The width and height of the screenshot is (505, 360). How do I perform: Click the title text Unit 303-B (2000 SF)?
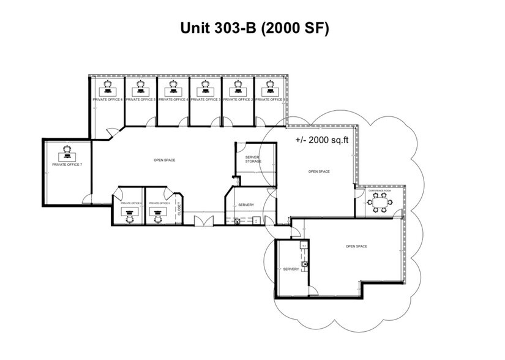point(253,28)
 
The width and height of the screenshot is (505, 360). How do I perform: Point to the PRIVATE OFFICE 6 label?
point(108,99)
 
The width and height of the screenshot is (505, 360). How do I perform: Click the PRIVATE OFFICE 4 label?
point(173,99)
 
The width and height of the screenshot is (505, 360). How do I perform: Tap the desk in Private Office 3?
point(198,89)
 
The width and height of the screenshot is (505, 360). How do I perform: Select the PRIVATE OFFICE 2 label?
point(238,99)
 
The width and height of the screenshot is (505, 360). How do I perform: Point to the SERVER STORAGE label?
point(253,159)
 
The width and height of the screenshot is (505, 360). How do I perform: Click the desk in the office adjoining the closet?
point(158,212)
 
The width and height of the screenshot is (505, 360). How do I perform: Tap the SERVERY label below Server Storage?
point(246,204)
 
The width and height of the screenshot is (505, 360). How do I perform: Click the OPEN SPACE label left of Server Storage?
point(165,160)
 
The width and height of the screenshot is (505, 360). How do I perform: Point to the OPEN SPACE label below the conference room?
point(356,246)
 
